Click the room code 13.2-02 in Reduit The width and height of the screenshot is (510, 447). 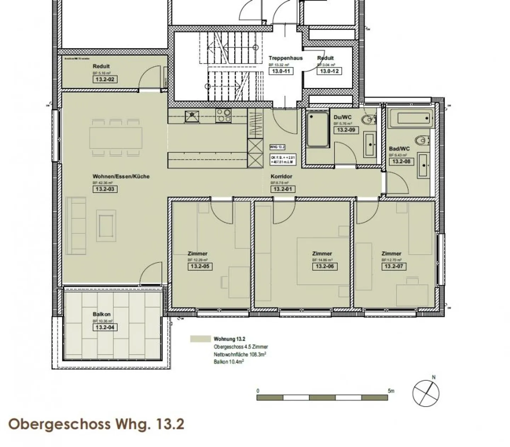[x=105, y=79]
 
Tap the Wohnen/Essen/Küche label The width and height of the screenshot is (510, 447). [x=121, y=176]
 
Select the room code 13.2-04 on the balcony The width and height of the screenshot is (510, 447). [x=105, y=327]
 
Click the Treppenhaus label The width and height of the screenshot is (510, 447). [x=285, y=58]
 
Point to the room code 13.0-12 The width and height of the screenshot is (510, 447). [x=329, y=71]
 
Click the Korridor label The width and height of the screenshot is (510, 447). [x=281, y=176]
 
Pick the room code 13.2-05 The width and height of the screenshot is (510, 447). [x=200, y=266]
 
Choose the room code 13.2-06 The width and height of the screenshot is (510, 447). [x=324, y=266]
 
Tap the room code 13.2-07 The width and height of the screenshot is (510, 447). [x=394, y=266]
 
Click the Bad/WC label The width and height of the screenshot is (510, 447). [x=399, y=149]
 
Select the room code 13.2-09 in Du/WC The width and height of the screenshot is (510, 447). [x=346, y=130]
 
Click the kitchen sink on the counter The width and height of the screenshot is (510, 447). [x=192, y=116]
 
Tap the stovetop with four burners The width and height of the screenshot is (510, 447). [x=223, y=116]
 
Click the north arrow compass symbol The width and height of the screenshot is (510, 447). [x=426, y=393]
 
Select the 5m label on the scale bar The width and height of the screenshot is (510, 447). [x=391, y=391]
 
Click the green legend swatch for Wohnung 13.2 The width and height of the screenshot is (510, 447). [x=200, y=339]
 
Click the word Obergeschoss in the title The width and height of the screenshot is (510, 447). [x=59, y=424]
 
